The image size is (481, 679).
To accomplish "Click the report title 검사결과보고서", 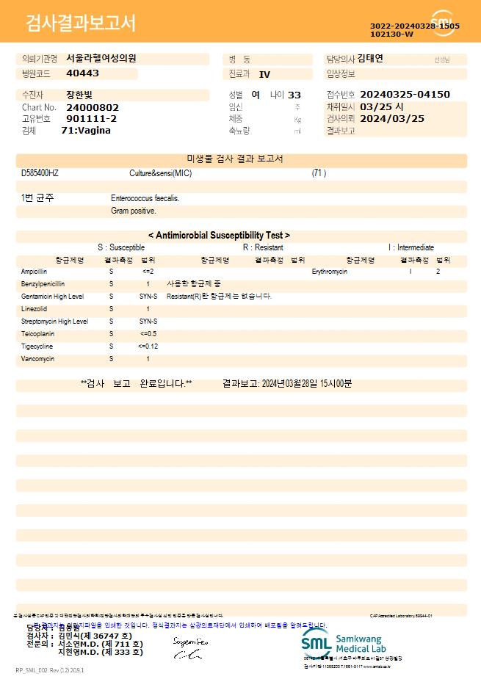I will click(81, 23).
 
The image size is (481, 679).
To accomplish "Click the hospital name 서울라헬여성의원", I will click(101, 59).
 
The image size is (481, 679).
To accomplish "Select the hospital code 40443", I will click(82, 73).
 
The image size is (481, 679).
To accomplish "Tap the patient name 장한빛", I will click(80, 95).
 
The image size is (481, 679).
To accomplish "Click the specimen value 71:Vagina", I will click(86, 131).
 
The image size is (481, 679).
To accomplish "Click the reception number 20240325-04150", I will click(405, 95).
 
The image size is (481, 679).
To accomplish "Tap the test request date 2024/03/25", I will click(392, 118).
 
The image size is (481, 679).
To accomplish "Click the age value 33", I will click(294, 95).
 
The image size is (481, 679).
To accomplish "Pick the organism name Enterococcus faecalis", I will click(145, 198).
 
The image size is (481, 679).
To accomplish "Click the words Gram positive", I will click(134, 211).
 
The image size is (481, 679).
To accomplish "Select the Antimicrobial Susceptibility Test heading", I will click(219, 236).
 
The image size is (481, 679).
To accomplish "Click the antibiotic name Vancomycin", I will click(37, 359).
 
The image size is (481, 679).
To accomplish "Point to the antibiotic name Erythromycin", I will click(329, 272).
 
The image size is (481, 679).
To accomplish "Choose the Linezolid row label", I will click(34, 309).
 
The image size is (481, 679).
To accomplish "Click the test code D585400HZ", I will click(40, 173).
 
